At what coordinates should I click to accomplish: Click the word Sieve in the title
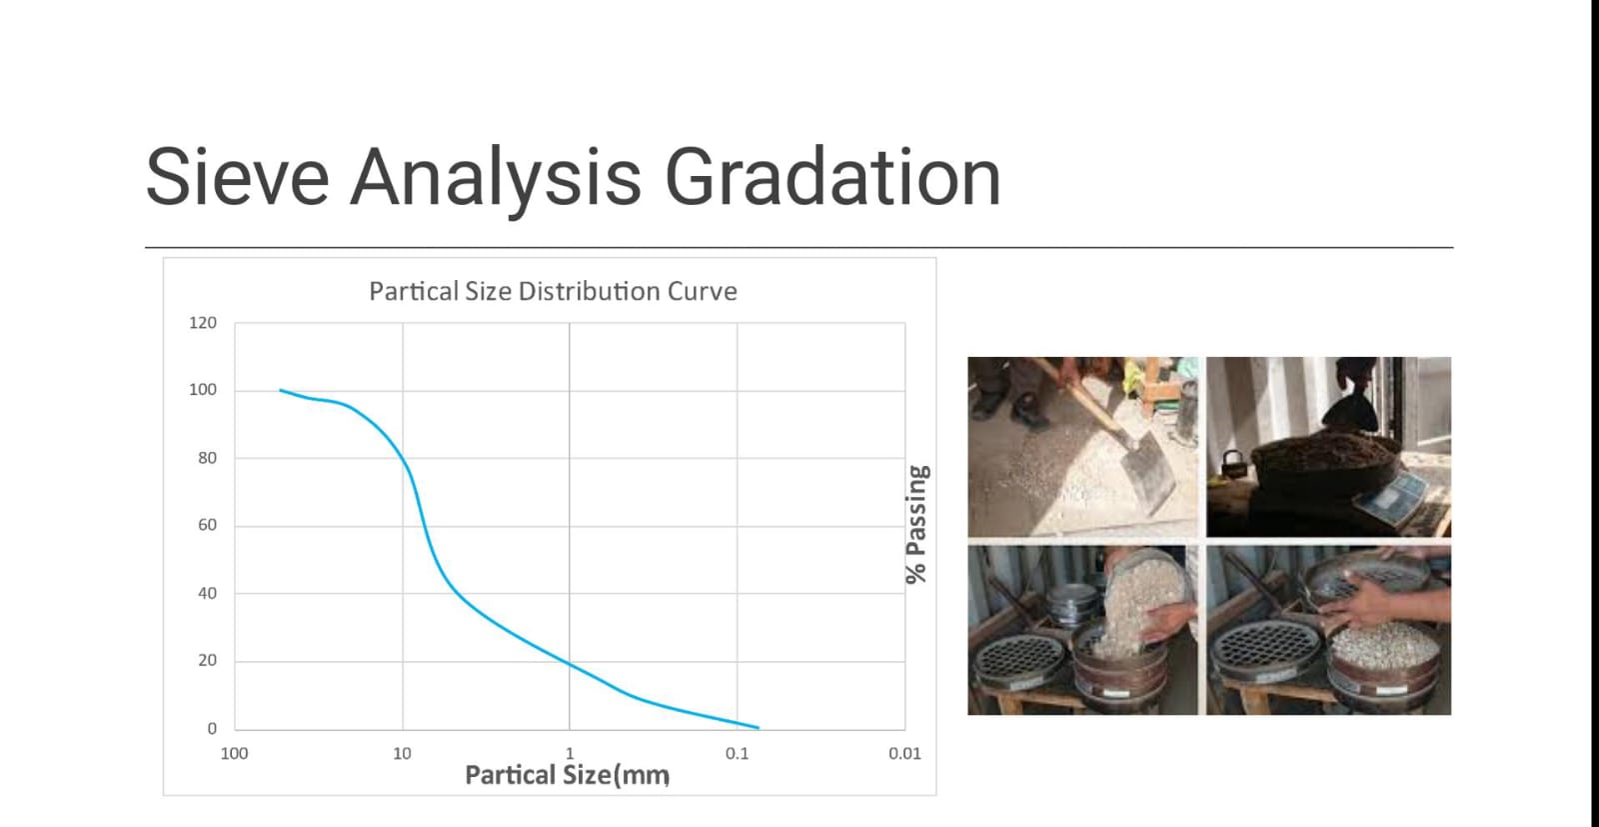tap(237, 177)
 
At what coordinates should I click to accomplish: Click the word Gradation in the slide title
tap(831, 177)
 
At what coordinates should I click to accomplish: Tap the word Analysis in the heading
tap(496, 177)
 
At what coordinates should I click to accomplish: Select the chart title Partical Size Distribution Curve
tap(553, 291)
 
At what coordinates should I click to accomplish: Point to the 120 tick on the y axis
tap(203, 323)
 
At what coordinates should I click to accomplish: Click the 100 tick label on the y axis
tap(203, 390)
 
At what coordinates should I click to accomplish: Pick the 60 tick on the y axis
tap(207, 525)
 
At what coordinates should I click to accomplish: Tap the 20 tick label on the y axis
tap(207, 660)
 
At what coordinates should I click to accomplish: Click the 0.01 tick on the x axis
tap(904, 754)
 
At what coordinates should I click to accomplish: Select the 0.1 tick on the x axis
tap(737, 754)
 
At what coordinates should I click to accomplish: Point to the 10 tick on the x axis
tap(402, 754)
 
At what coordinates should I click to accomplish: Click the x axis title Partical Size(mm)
tap(567, 775)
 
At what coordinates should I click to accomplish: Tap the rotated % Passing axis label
tap(915, 524)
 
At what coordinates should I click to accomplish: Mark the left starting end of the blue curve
tap(281, 390)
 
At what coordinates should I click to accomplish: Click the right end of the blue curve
tap(758, 728)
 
